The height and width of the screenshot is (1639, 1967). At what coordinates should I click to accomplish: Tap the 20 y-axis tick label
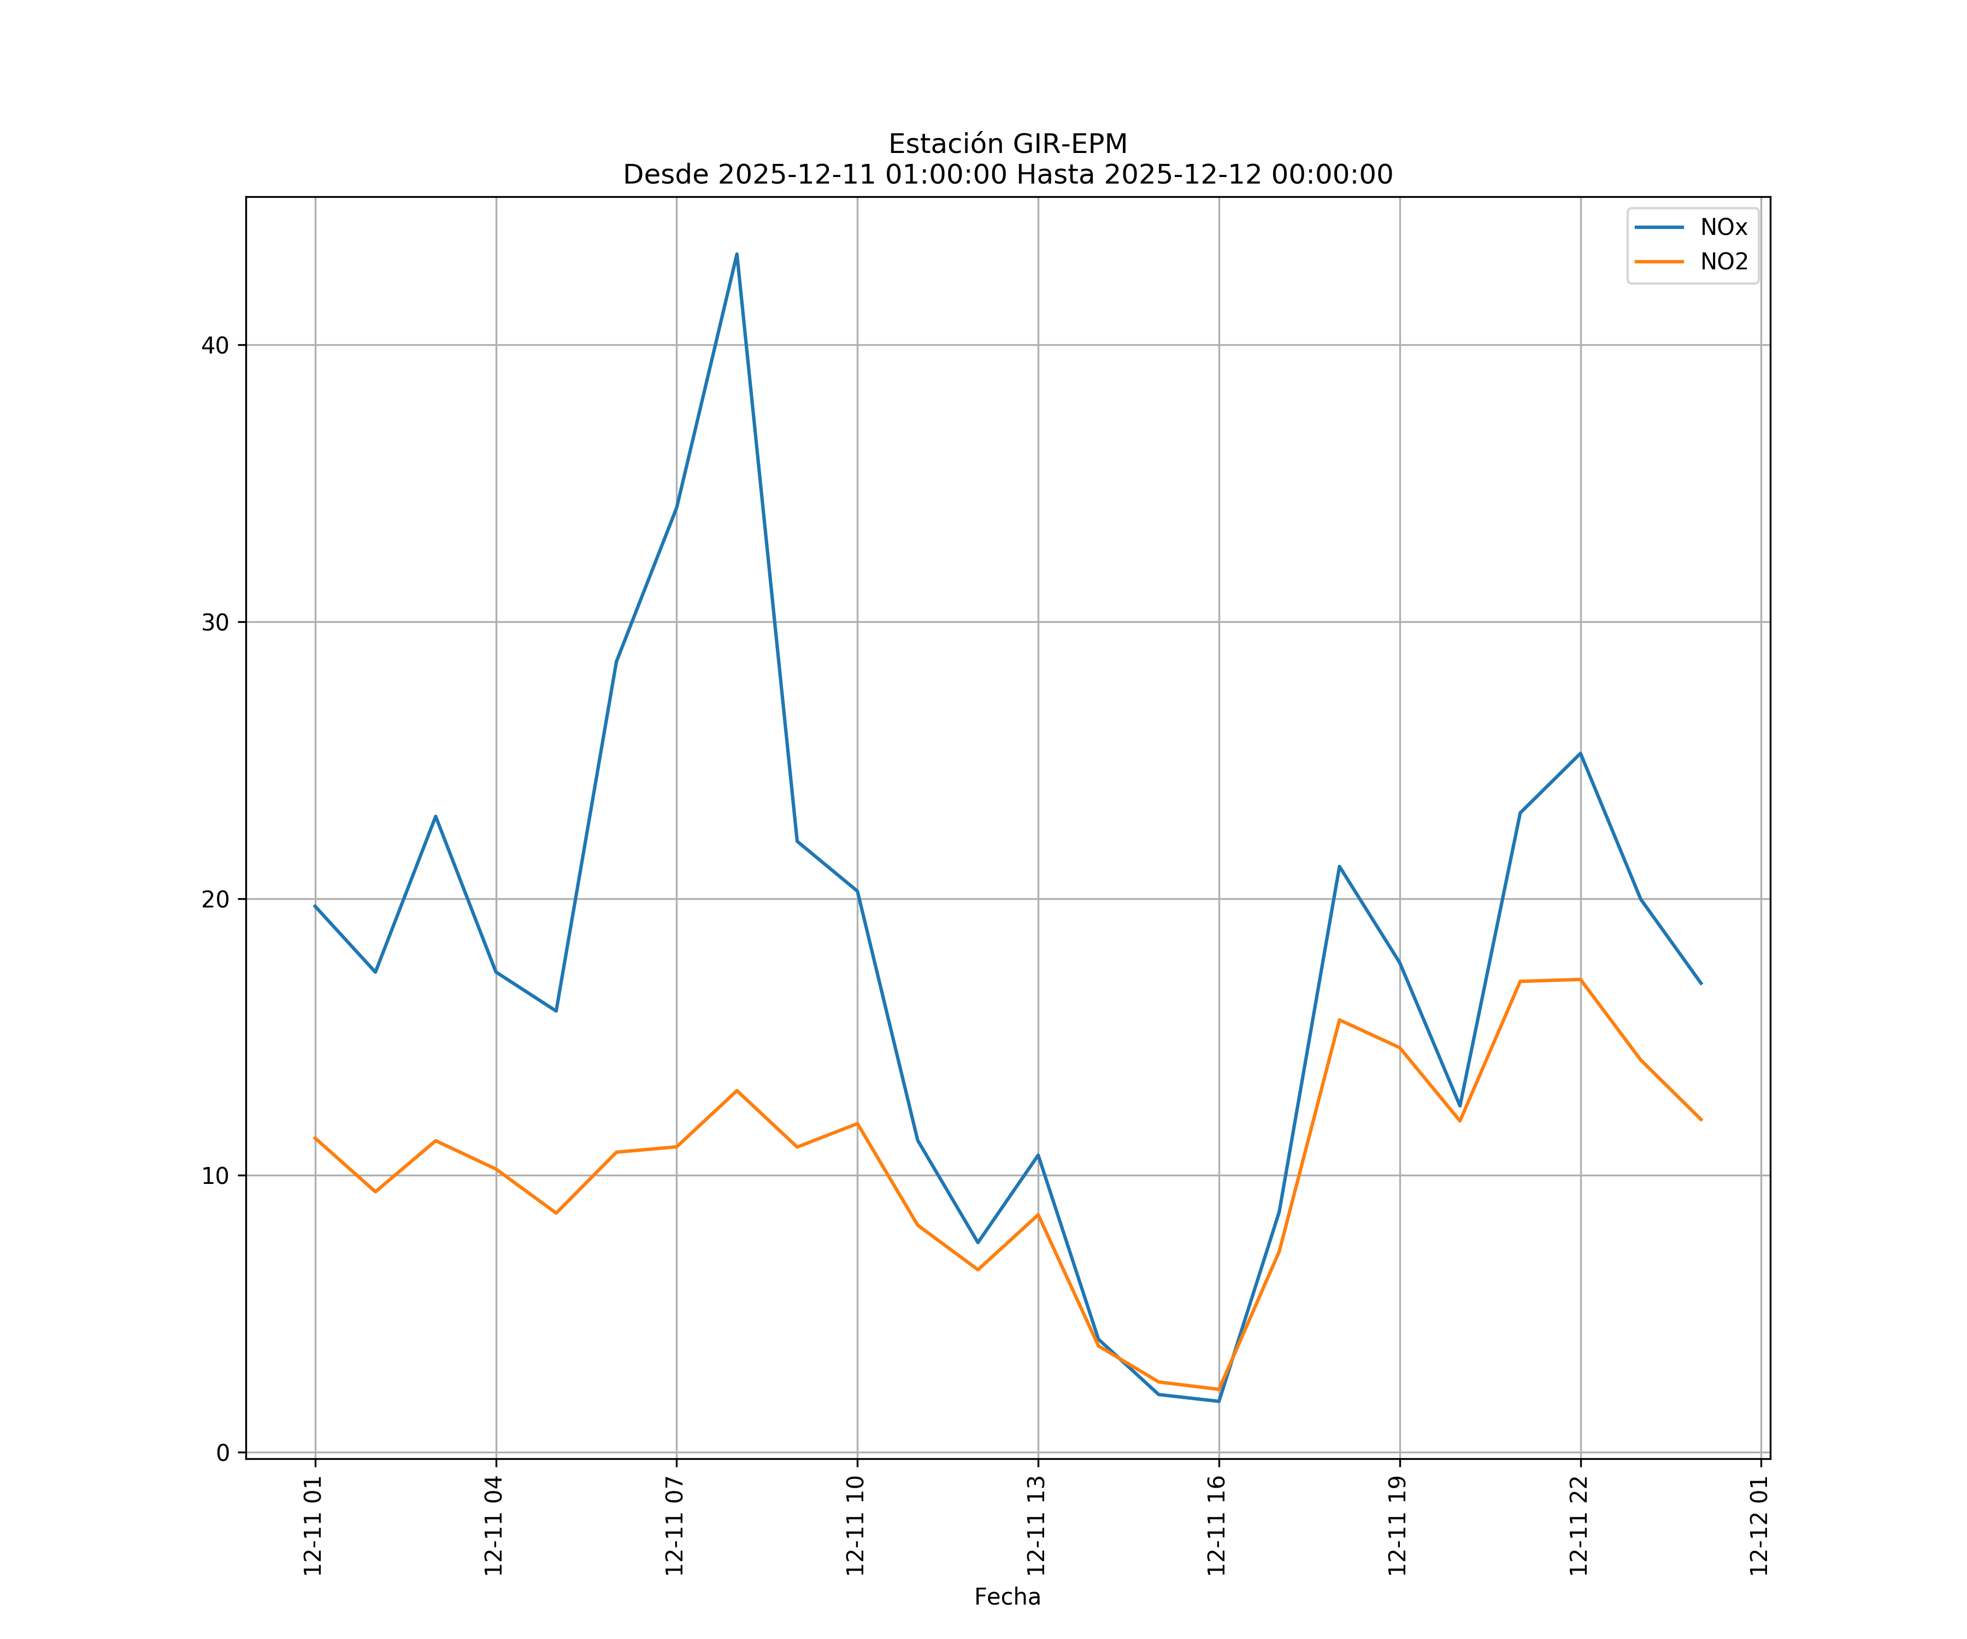click(x=215, y=899)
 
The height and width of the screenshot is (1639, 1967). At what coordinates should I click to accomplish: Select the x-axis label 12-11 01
click(x=313, y=1526)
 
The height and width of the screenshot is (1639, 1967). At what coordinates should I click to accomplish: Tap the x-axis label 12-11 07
click(x=674, y=1526)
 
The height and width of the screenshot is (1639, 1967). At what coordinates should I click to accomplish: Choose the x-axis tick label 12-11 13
click(x=1036, y=1526)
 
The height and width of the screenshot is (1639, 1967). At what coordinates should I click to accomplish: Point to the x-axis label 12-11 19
click(x=1398, y=1526)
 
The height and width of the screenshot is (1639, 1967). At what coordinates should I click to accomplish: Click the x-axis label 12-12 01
click(x=1759, y=1526)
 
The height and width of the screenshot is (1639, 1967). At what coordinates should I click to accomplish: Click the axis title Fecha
click(x=1007, y=1597)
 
